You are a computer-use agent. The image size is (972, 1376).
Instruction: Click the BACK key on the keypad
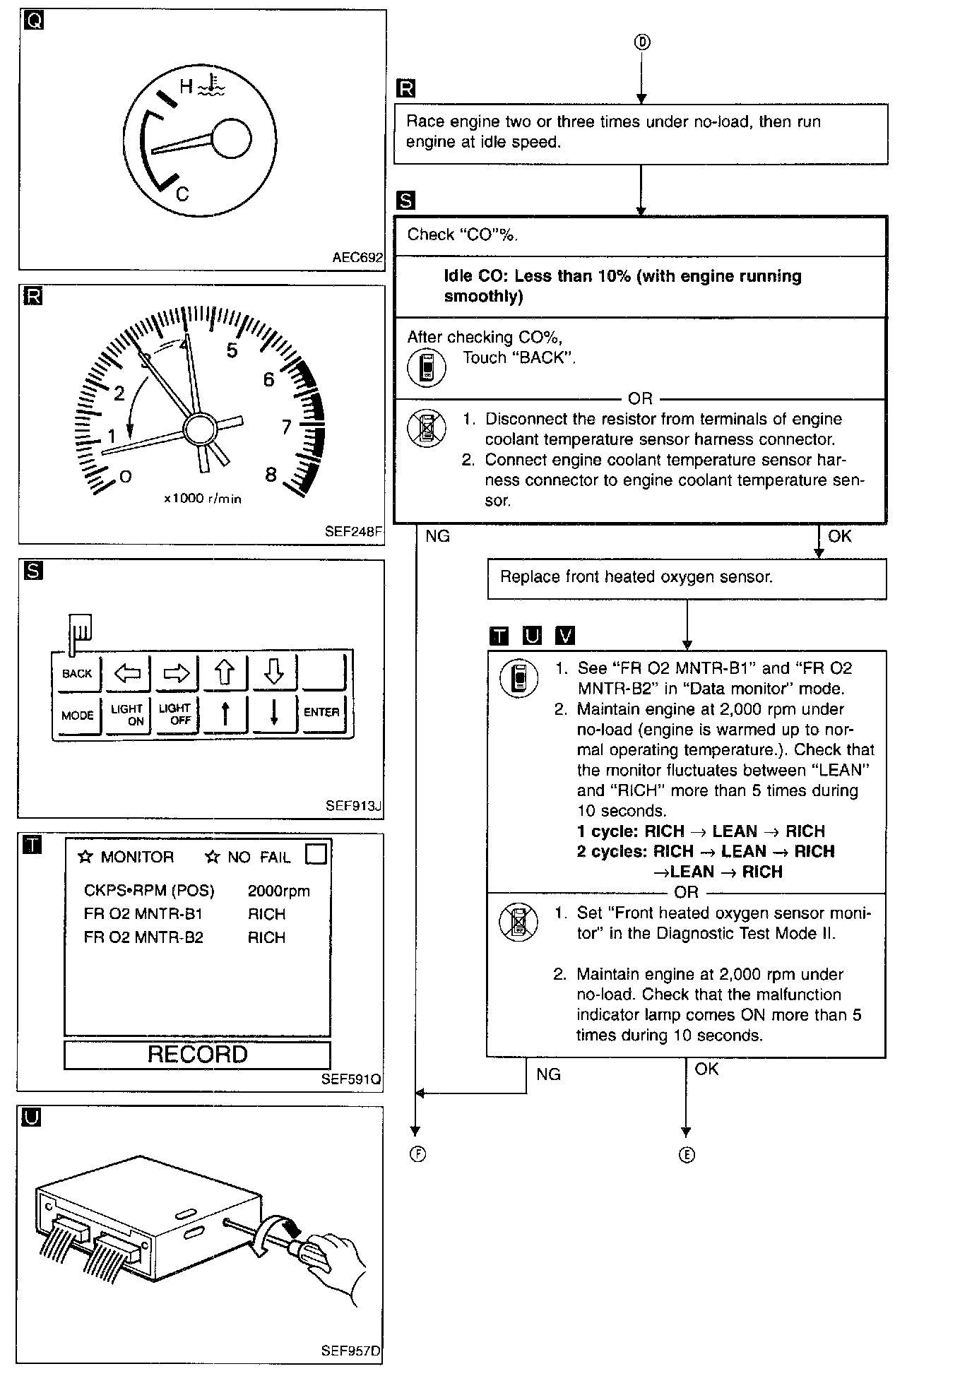pyautogui.click(x=77, y=673)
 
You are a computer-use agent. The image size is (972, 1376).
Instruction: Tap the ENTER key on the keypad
pyautogui.click(x=321, y=712)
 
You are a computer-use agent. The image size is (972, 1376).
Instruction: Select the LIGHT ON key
pyautogui.click(x=127, y=714)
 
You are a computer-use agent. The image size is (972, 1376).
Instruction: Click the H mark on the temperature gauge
pyautogui.click(x=186, y=86)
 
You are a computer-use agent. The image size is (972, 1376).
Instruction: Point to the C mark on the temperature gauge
pyautogui.click(x=182, y=194)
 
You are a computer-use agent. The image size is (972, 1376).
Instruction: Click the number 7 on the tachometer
pyautogui.click(x=286, y=427)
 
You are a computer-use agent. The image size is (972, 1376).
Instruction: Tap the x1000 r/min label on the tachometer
pyautogui.click(x=203, y=499)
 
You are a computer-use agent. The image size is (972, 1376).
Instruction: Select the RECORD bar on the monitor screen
pyautogui.click(x=197, y=1055)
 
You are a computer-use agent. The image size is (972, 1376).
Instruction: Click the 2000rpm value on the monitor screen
pyautogui.click(x=278, y=891)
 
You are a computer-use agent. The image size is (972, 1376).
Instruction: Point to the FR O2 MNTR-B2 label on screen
pyautogui.click(x=143, y=937)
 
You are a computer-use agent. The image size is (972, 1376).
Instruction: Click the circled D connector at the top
pyautogui.click(x=641, y=42)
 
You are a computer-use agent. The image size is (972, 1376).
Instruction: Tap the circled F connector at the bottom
pyautogui.click(x=417, y=1154)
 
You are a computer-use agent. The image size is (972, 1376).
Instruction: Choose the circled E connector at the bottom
pyautogui.click(x=687, y=1155)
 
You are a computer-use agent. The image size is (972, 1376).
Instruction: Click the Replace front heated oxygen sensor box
pyautogui.click(x=686, y=578)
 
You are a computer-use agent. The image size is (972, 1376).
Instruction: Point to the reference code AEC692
pyautogui.click(x=357, y=258)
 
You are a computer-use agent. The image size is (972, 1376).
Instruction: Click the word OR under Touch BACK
pyautogui.click(x=640, y=398)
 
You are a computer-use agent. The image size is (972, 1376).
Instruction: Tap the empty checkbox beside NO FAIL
pyautogui.click(x=316, y=855)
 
